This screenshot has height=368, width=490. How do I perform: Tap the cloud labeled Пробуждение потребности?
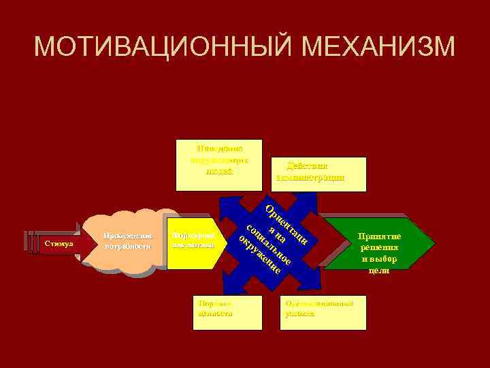point(127,242)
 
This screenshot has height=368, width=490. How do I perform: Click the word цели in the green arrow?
point(379,271)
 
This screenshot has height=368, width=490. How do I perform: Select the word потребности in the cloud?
point(127,247)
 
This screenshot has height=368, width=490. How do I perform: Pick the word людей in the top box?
point(219,171)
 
